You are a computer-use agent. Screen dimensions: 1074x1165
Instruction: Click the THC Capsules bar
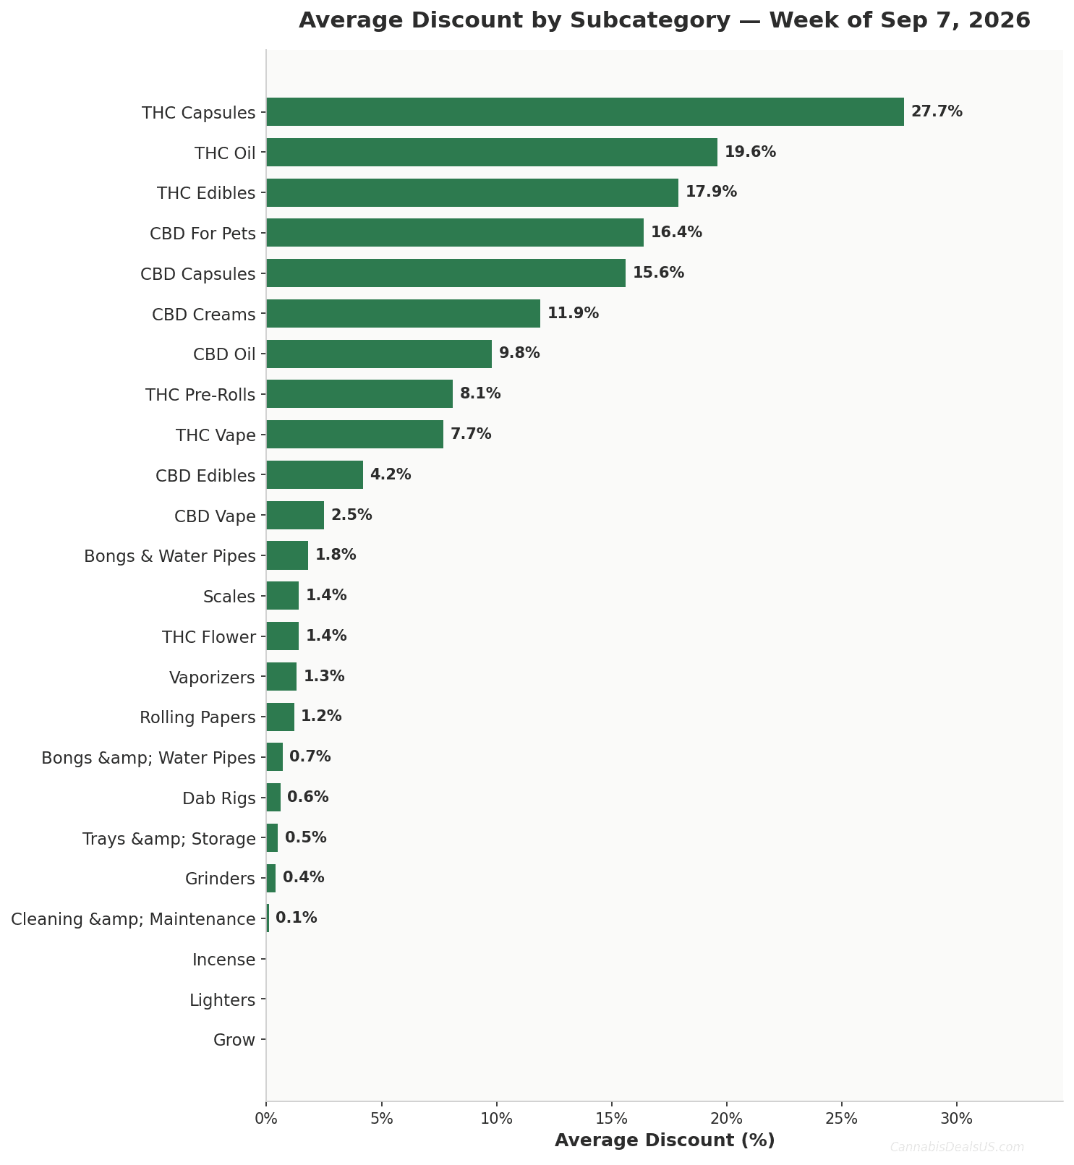[585, 112]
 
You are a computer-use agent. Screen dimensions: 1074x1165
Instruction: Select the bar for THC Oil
[492, 153]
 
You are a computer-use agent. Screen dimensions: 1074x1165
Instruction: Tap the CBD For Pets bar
[455, 233]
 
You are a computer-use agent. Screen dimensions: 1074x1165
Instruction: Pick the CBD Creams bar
[404, 314]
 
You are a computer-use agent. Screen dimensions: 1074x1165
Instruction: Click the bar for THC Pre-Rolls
[359, 394]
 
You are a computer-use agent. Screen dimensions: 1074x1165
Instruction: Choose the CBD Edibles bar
[315, 475]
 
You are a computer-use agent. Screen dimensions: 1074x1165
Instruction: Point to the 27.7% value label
[937, 112]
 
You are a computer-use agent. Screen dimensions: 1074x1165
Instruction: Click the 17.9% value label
[711, 192]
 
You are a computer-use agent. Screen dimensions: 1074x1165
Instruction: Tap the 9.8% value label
[519, 354]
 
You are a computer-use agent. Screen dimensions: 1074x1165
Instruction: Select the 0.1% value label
[297, 918]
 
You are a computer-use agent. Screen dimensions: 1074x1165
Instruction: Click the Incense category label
[224, 960]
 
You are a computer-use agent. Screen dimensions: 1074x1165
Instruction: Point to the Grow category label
[234, 1041]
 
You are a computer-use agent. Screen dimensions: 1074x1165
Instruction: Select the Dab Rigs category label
[219, 798]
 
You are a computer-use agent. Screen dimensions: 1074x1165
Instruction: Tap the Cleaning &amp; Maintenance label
[134, 920]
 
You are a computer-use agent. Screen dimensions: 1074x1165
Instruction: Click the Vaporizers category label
[213, 678]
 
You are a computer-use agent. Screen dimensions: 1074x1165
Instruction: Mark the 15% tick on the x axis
[612, 1119]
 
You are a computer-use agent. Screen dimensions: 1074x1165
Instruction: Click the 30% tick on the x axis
[957, 1119]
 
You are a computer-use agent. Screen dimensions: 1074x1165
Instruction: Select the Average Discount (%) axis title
[665, 1140]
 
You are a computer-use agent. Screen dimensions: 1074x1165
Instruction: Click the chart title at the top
[665, 20]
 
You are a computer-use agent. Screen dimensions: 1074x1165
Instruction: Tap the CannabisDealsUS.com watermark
[957, 1147]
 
